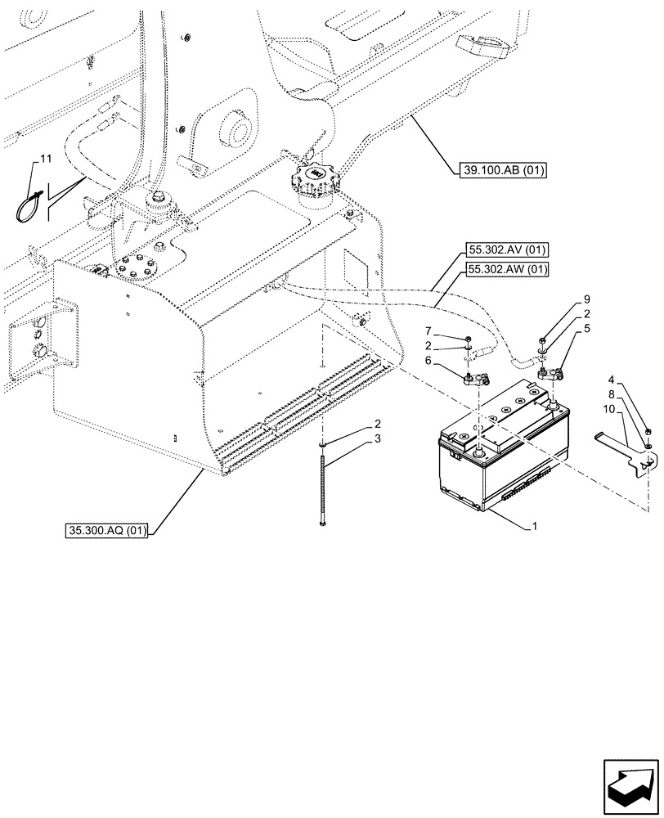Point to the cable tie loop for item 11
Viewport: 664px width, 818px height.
29,205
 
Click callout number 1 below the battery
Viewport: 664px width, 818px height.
534,527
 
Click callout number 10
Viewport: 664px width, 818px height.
608,408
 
